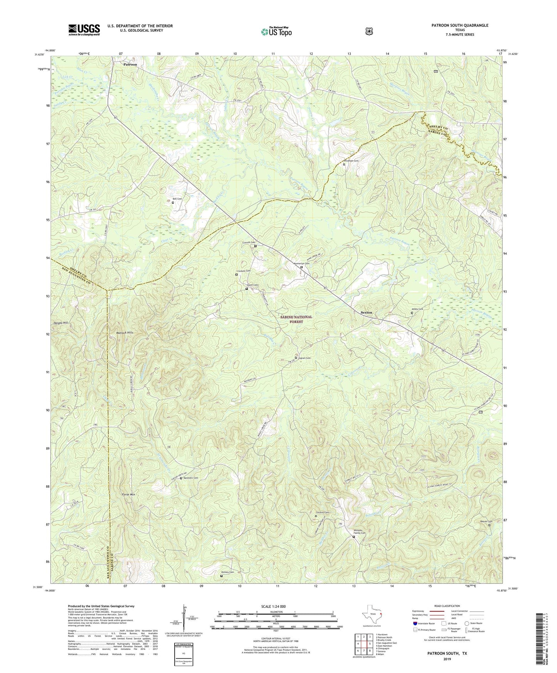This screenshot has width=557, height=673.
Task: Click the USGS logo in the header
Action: click(x=84, y=30)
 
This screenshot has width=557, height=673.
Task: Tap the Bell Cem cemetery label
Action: click(x=177, y=199)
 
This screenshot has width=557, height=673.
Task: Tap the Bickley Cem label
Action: click(x=227, y=572)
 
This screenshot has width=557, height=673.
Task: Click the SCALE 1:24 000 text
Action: click(x=273, y=606)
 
